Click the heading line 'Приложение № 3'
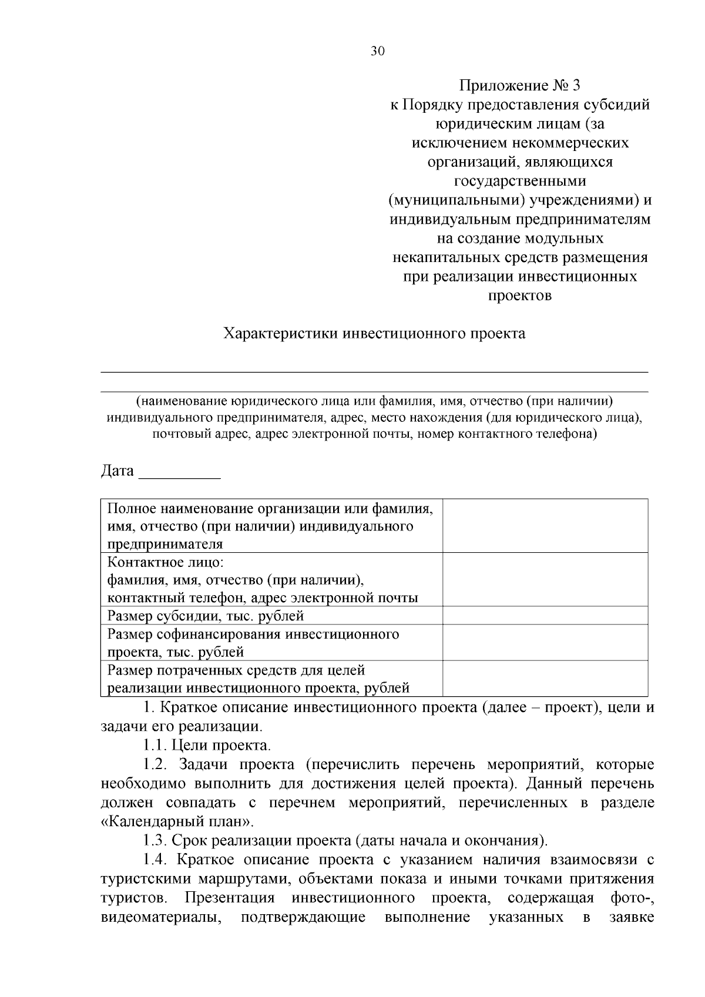click(x=519, y=86)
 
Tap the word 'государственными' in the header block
click(x=520, y=181)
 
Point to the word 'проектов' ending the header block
click(x=520, y=295)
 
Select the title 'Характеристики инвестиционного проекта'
click(x=374, y=334)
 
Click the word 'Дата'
click(x=117, y=471)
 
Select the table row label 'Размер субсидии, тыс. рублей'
click(x=206, y=616)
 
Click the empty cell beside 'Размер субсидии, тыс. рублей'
click(x=545, y=615)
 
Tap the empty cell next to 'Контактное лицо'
click(x=545, y=579)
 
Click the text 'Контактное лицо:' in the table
click(x=165, y=562)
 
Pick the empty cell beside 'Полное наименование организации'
click(x=545, y=525)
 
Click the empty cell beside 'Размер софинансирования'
click(x=545, y=642)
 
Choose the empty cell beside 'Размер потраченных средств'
click(x=545, y=678)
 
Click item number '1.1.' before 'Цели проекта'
click(x=155, y=746)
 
